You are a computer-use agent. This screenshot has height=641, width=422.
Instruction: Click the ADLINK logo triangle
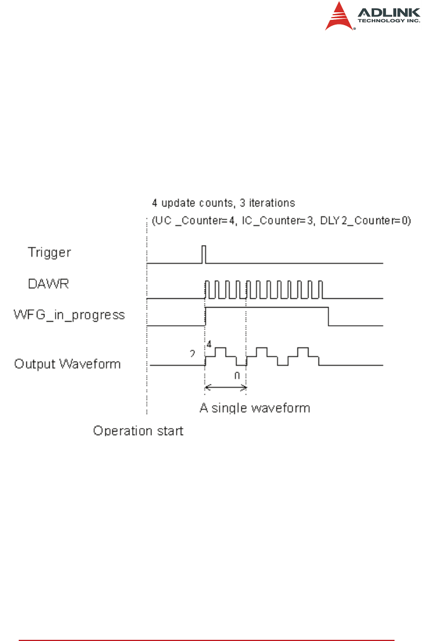click(340, 17)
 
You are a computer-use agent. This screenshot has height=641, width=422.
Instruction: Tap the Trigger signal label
click(49, 253)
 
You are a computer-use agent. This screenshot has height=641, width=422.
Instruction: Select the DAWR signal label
click(46, 284)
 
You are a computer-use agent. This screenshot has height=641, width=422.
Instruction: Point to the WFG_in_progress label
click(70, 315)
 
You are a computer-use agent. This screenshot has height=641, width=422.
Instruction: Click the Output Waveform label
click(67, 364)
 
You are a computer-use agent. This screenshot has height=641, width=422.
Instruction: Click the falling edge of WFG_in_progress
click(329, 316)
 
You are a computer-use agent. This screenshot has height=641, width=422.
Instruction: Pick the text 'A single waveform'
click(255, 408)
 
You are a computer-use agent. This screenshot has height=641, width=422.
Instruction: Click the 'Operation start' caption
click(139, 431)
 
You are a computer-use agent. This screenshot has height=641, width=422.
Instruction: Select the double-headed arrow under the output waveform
click(225, 387)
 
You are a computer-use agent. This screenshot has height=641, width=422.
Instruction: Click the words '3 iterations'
click(268, 203)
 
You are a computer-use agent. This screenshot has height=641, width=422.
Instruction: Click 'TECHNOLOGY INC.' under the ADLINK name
click(389, 20)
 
